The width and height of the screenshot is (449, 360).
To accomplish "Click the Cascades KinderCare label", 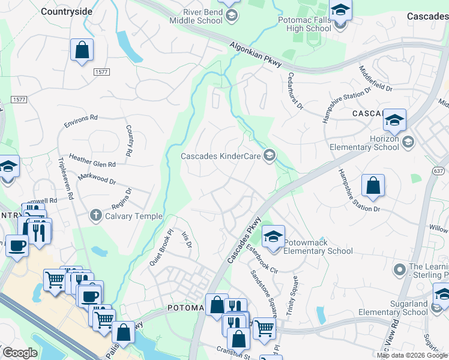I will [220, 156].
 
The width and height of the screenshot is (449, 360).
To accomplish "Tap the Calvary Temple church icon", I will [95, 215].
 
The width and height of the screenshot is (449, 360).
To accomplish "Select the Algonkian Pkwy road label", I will [256, 58].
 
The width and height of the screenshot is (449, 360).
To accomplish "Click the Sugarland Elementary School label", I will [393, 308].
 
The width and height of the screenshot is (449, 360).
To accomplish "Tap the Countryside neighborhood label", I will [67, 11].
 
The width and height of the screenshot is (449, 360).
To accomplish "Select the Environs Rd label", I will [80, 121].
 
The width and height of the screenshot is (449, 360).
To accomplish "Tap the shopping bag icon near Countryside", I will [82, 51].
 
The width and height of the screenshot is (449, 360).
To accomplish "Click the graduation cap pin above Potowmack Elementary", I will [273, 235].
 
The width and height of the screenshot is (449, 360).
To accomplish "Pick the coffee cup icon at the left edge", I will [17, 245].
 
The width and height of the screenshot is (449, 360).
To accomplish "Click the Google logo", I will [20, 353].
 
